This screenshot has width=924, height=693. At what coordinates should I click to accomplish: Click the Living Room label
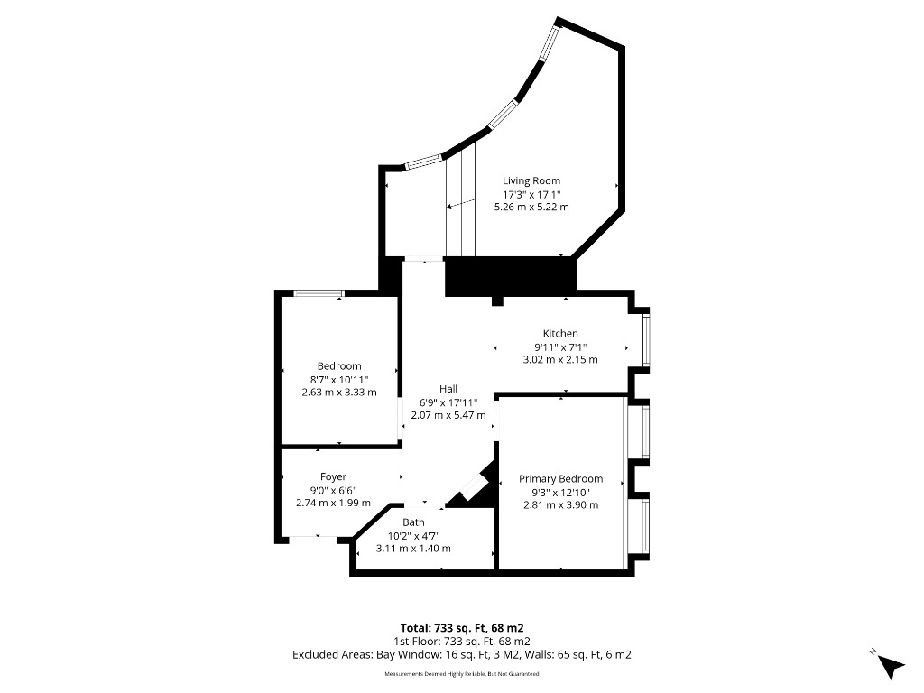pyautogui.click(x=531, y=181)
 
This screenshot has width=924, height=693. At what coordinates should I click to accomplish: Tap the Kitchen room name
pyautogui.click(x=560, y=334)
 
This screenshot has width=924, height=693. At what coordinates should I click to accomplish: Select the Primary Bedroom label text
pyautogui.click(x=560, y=479)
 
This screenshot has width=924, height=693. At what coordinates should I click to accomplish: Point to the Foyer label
pyautogui.click(x=333, y=476)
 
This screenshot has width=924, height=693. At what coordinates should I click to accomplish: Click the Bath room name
pyautogui.click(x=413, y=522)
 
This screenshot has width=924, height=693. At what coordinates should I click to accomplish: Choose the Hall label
pyautogui.click(x=448, y=389)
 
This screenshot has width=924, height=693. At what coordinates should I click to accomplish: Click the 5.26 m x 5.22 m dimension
pyautogui.click(x=531, y=207)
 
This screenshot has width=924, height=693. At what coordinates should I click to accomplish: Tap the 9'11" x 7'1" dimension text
pyautogui.click(x=560, y=346)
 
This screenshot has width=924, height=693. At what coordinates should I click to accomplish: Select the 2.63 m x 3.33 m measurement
pyautogui.click(x=339, y=393)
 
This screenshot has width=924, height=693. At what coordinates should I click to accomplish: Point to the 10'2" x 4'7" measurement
pyautogui.click(x=413, y=535)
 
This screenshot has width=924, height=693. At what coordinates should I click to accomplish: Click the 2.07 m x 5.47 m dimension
pyautogui.click(x=448, y=414)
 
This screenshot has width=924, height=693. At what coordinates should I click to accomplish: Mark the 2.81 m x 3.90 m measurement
pyautogui.click(x=560, y=504)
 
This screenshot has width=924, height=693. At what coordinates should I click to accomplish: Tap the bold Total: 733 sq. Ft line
pyautogui.click(x=461, y=627)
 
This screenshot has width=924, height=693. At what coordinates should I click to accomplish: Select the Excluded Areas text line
pyautogui.click(x=461, y=654)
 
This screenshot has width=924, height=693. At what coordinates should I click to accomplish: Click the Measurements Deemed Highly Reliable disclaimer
pyautogui.click(x=461, y=674)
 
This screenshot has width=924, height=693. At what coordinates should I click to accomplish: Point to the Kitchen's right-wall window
pyautogui.click(x=646, y=338)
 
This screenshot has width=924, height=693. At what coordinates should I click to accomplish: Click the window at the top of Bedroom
pyautogui.click(x=319, y=292)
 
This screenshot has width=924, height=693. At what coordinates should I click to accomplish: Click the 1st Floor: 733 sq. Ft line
pyautogui.click(x=461, y=641)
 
